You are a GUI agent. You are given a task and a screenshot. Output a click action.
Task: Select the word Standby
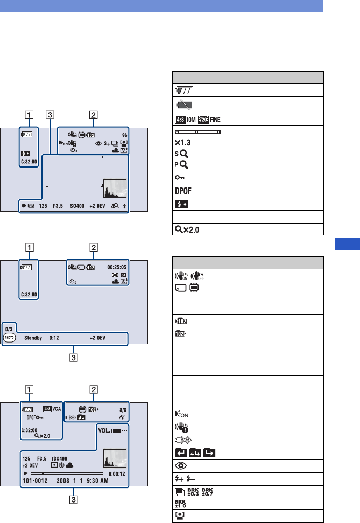click(33, 339)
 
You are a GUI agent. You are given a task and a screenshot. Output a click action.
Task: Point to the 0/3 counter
click(9, 328)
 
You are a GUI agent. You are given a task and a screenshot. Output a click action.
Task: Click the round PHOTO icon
click(9, 338)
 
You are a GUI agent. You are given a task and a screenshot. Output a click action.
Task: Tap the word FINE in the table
click(212, 119)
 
